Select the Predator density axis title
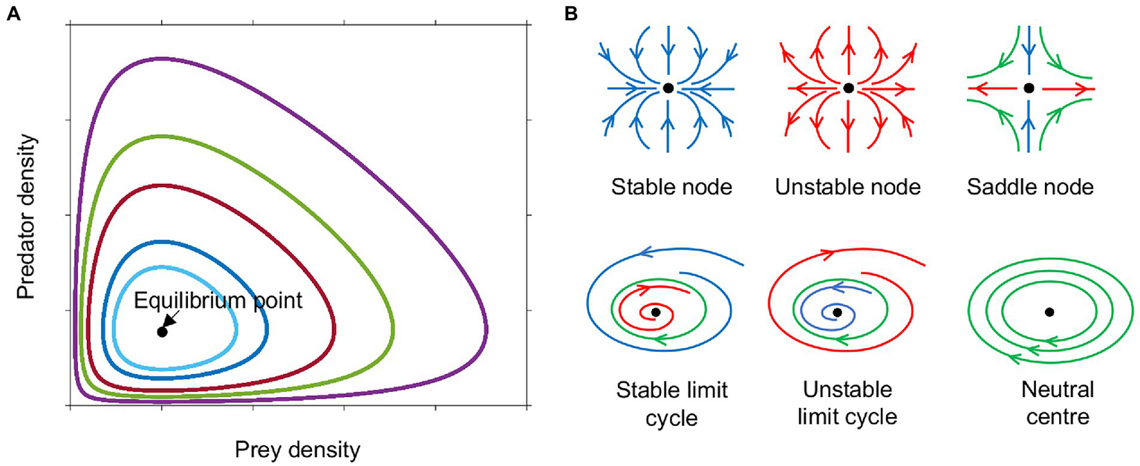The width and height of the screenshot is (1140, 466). point(27,215)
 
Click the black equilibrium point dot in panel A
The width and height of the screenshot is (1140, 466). point(163,332)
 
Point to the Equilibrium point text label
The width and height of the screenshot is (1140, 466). point(219,301)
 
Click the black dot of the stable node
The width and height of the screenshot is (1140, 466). point(668,88)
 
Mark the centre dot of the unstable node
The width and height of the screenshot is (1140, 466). point(849,88)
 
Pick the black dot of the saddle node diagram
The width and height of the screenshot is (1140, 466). point(1029,88)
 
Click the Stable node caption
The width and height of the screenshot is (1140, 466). point(672,187)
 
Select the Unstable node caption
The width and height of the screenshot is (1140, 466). point(847,187)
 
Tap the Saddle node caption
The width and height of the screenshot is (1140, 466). point(1030,187)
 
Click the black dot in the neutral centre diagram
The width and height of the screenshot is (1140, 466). point(1049,312)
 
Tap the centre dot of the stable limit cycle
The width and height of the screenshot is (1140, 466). point(656,312)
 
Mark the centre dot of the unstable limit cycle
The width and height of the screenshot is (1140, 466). point(838,312)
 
